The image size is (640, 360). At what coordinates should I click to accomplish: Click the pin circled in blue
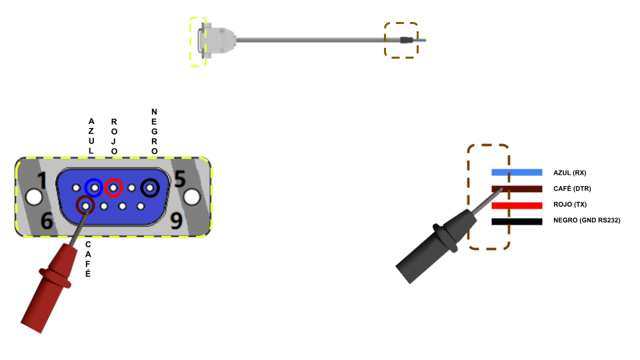(94, 188)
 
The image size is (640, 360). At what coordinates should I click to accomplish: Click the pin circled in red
(113, 188)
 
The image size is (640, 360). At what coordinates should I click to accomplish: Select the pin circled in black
(150, 188)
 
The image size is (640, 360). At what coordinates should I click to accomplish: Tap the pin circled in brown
(85, 206)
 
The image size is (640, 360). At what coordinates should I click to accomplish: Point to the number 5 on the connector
(180, 179)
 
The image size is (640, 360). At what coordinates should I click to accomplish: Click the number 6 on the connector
(47, 221)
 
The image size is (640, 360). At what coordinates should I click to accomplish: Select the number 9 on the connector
(176, 221)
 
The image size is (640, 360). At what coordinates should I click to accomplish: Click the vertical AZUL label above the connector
(91, 136)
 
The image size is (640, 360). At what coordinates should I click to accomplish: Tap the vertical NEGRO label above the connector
(154, 131)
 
